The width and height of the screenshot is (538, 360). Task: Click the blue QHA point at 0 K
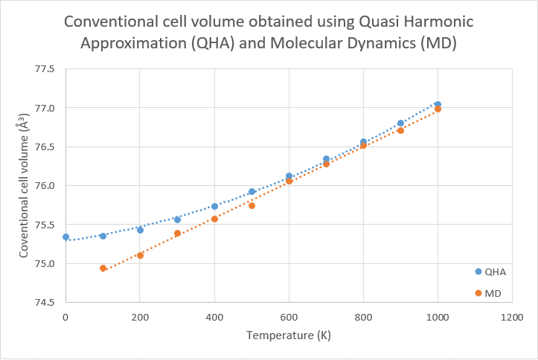(65, 237)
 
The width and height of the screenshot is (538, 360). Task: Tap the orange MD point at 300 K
(177, 233)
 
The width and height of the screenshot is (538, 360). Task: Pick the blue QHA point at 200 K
(140, 230)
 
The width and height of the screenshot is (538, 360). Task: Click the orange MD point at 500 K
(252, 205)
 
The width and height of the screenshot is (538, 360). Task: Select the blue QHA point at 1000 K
(438, 105)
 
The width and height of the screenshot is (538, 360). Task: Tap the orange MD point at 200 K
(140, 255)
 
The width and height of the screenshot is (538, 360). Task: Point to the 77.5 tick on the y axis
(45, 69)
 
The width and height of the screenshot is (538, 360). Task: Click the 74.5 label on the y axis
(45, 302)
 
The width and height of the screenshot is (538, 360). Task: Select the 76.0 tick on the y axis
(45, 186)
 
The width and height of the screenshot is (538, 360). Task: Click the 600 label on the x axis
(289, 317)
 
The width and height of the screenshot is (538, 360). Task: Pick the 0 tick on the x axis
(65, 317)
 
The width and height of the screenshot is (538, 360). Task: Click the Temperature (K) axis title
(289, 336)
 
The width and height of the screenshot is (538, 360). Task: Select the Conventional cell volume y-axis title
(25, 191)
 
